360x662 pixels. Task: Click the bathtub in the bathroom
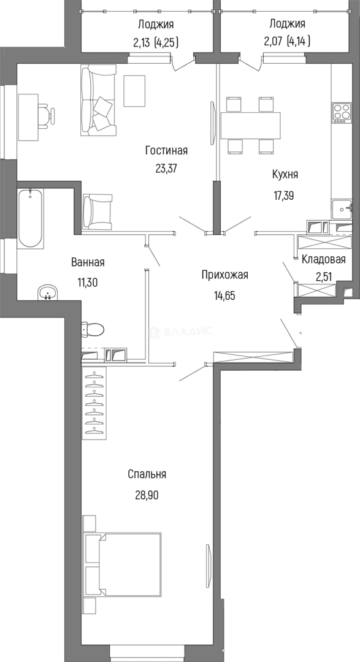31,218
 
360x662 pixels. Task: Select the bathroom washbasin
47,294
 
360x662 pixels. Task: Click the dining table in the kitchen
250,126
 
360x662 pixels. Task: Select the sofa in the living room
97,101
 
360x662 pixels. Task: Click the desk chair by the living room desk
45,115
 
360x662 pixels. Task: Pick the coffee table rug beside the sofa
134,90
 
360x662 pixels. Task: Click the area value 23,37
166,169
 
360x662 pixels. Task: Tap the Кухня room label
285,174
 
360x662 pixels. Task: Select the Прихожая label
224,275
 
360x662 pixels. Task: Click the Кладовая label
323,259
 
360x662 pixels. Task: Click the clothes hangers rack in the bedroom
94,401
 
